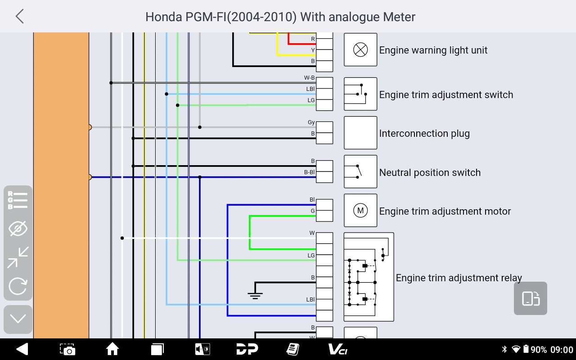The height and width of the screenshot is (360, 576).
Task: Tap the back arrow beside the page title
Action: click(x=19, y=17)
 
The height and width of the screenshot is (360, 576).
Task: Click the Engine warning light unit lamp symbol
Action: click(x=360, y=49)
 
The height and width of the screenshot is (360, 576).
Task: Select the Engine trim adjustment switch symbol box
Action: click(x=360, y=94)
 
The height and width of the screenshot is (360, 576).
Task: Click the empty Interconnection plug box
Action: click(x=360, y=133)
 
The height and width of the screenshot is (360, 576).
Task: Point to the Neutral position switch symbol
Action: click(x=360, y=171)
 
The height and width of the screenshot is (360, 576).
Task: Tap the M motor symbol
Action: click(x=360, y=210)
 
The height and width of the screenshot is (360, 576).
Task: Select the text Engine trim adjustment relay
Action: click(x=459, y=278)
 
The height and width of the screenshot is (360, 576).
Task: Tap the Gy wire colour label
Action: click(x=311, y=122)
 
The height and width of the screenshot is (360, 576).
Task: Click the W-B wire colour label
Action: click(x=309, y=78)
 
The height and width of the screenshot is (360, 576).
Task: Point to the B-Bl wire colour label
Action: click(x=309, y=172)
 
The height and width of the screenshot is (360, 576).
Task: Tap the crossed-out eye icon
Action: click(x=18, y=228)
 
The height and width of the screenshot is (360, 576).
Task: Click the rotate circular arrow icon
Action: click(x=18, y=286)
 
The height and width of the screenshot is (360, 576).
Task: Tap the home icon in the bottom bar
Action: click(x=112, y=349)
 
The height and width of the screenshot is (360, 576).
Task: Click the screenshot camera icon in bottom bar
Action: click(x=67, y=350)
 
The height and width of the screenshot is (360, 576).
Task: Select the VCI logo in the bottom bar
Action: click(x=338, y=350)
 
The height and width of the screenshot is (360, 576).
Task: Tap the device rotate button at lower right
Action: click(x=530, y=298)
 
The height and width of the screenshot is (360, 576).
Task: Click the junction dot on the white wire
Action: click(x=122, y=238)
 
